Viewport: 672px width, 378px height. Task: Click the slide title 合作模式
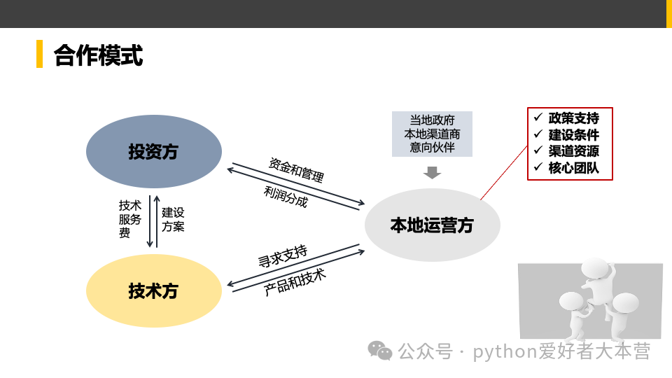click(x=98, y=55)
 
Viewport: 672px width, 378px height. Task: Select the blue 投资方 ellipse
click(x=153, y=151)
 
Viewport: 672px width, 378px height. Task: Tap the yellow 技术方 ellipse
click(x=153, y=290)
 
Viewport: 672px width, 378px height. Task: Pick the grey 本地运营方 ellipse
click(x=432, y=225)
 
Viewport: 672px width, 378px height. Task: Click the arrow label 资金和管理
click(x=296, y=169)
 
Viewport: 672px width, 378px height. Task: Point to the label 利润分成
click(x=286, y=196)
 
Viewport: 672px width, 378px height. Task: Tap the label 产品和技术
click(x=295, y=281)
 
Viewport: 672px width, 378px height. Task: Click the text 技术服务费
click(x=129, y=219)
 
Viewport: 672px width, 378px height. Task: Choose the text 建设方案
click(x=173, y=219)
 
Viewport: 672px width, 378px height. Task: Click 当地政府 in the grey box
click(x=432, y=120)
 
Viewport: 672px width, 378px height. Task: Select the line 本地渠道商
click(x=432, y=134)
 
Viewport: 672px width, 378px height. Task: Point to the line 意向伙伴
click(x=432, y=147)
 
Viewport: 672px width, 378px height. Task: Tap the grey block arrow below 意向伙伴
click(x=433, y=172)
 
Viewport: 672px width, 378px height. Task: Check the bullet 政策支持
click(x=573, y=118)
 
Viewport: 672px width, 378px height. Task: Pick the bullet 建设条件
click(x=573, y=134)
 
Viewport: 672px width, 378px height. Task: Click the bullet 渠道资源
click(x=573, y=150)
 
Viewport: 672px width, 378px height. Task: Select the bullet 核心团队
click(x=573, y=167)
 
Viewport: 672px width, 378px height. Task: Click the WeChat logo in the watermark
click(x=380, y=350)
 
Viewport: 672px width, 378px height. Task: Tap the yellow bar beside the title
click(x=40, y=54)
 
